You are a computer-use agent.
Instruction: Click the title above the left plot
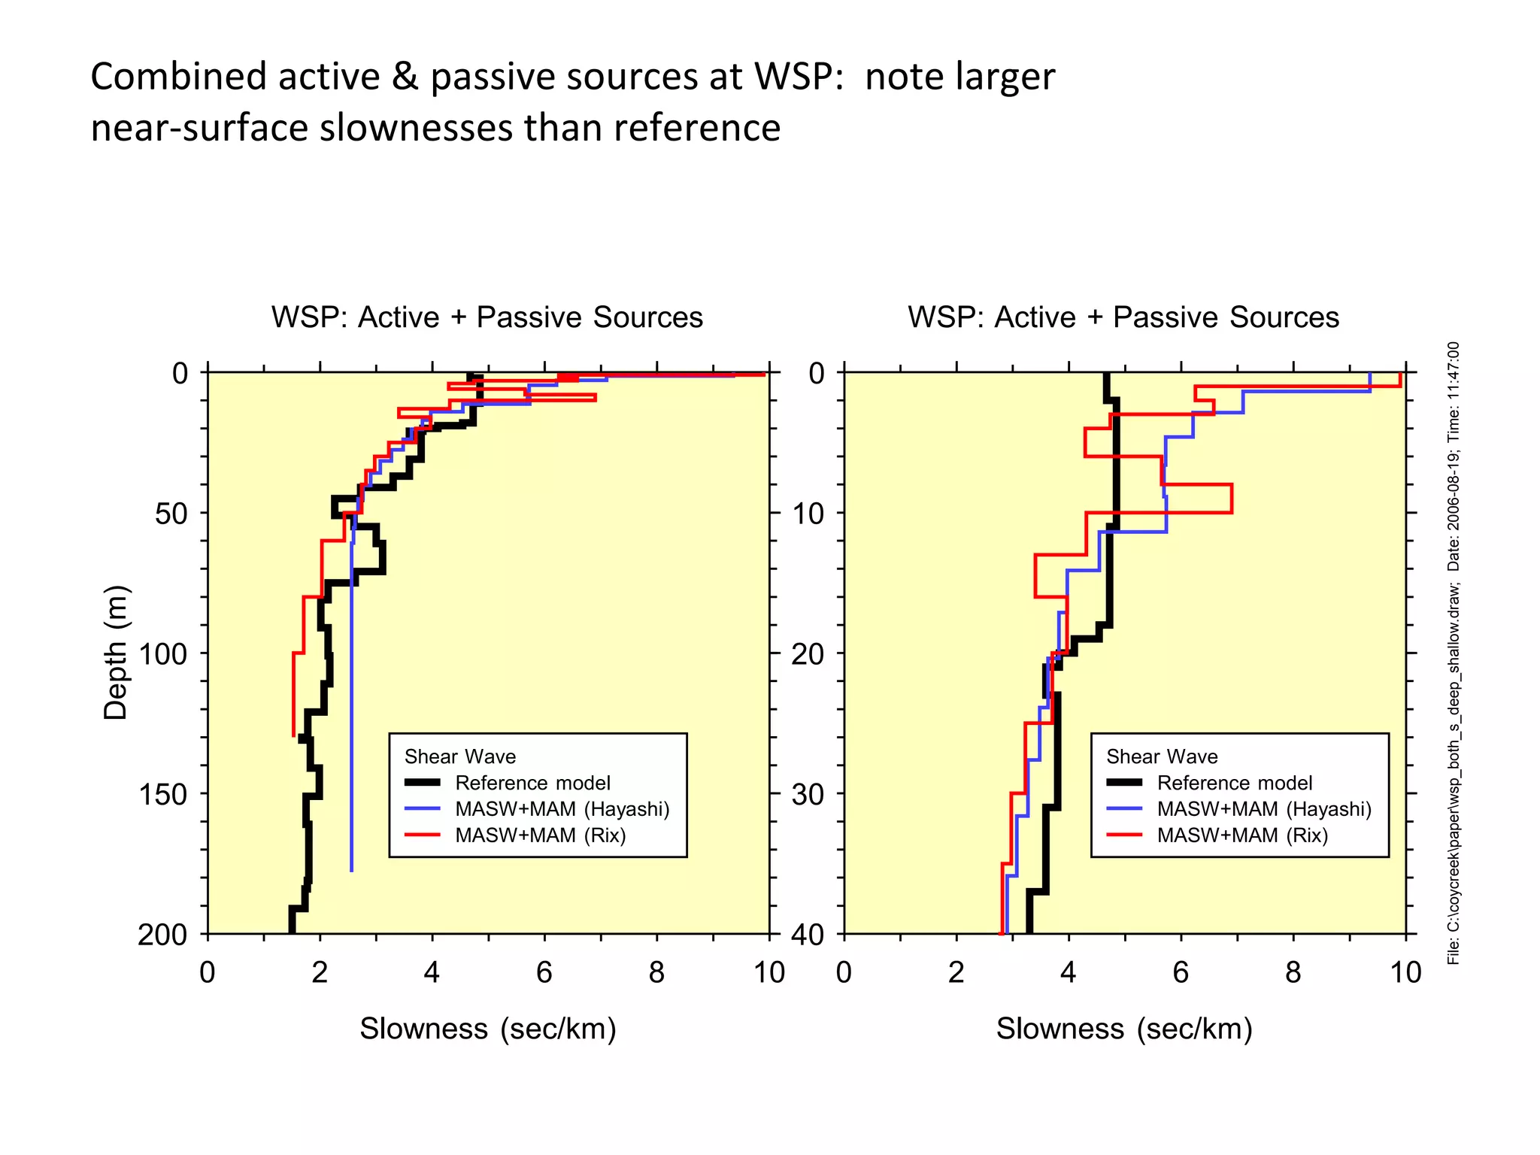click(x=487, y=317)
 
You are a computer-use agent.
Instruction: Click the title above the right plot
click(x=1123, y=317)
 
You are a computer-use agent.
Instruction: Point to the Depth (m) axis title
click(x=116, y=652)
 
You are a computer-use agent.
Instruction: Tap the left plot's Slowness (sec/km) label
click(x=487, y=1028)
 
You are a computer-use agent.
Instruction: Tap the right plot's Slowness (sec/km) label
click(x=1124, y=1028)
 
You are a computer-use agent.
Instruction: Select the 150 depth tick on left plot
click(x=162, y=794)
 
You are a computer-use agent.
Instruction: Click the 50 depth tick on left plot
click(x=171, y=514)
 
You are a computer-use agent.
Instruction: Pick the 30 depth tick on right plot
click(x=808, y=794)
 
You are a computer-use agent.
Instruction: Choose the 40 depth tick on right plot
click(x=808, y=935)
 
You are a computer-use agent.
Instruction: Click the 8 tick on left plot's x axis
click(x=656, y=972)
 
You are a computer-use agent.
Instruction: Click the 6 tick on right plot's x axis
click(x=1181, y=972)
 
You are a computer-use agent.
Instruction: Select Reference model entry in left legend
click(x=532, y=783)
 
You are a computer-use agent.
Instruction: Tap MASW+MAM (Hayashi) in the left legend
click(x=562, y=809)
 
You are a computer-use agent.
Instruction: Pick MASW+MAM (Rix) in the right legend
click(x=1242, y=835)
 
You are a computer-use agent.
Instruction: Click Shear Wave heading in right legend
click(x=1162, y=756)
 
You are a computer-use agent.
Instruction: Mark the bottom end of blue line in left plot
click(x=351, y=871)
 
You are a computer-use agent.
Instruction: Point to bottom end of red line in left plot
click(x=293, y=735)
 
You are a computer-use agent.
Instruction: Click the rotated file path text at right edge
click(x=1454, y=654)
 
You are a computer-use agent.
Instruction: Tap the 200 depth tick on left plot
click(x=162, y=935)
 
